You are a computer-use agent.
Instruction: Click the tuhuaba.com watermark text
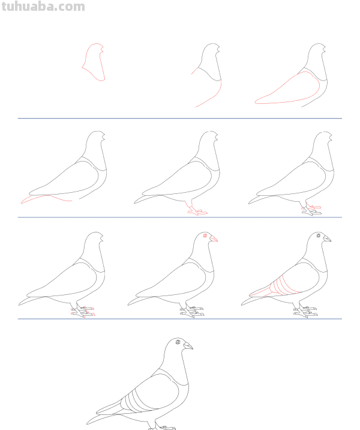[x=43, y=7]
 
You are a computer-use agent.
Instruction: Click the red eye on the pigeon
[x=205, y=235]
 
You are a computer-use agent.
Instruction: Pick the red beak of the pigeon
[x=214, y=239]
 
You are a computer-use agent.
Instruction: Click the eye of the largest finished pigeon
[x=178, y=342]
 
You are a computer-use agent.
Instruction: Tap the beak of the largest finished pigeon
[x=188, y=345]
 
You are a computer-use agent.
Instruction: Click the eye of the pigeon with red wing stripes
[x=319, y=235]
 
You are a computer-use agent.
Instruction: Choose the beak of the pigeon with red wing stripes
[x=327, y=238]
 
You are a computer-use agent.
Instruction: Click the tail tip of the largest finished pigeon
[x=88, y=423]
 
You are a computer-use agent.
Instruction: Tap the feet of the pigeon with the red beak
[x=192, y=311]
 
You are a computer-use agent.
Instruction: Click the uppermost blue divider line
[x=180, y=118]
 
